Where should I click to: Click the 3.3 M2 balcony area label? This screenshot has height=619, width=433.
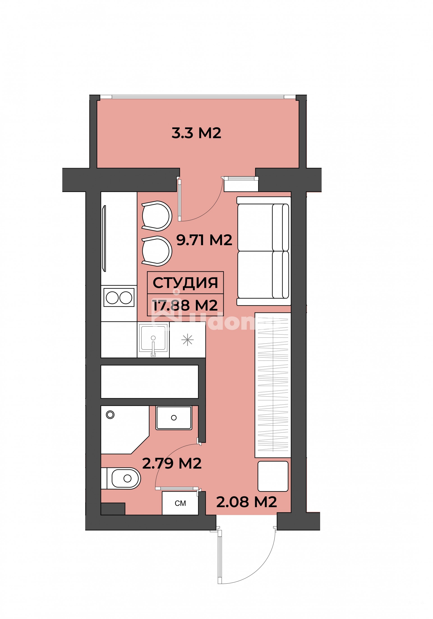[x=196, y=133]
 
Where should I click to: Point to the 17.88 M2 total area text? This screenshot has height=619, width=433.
[x=185, y=305]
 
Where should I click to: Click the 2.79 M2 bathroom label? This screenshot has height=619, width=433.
[x=172, y=463]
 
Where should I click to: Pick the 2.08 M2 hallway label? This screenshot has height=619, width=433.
[x=246, y=502]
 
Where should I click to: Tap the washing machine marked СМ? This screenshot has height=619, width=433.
[x=180, y=503]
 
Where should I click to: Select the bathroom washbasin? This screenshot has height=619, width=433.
[x=174, y=418]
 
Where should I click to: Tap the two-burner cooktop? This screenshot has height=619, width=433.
[x=119, y=298]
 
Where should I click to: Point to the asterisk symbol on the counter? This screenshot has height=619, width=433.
[x=187, y=340]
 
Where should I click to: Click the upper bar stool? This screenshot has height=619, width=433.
[x=157, y=216]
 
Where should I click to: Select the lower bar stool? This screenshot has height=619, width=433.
[x=157, y=251]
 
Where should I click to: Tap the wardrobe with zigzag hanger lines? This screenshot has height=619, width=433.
[x=273, y=385]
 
